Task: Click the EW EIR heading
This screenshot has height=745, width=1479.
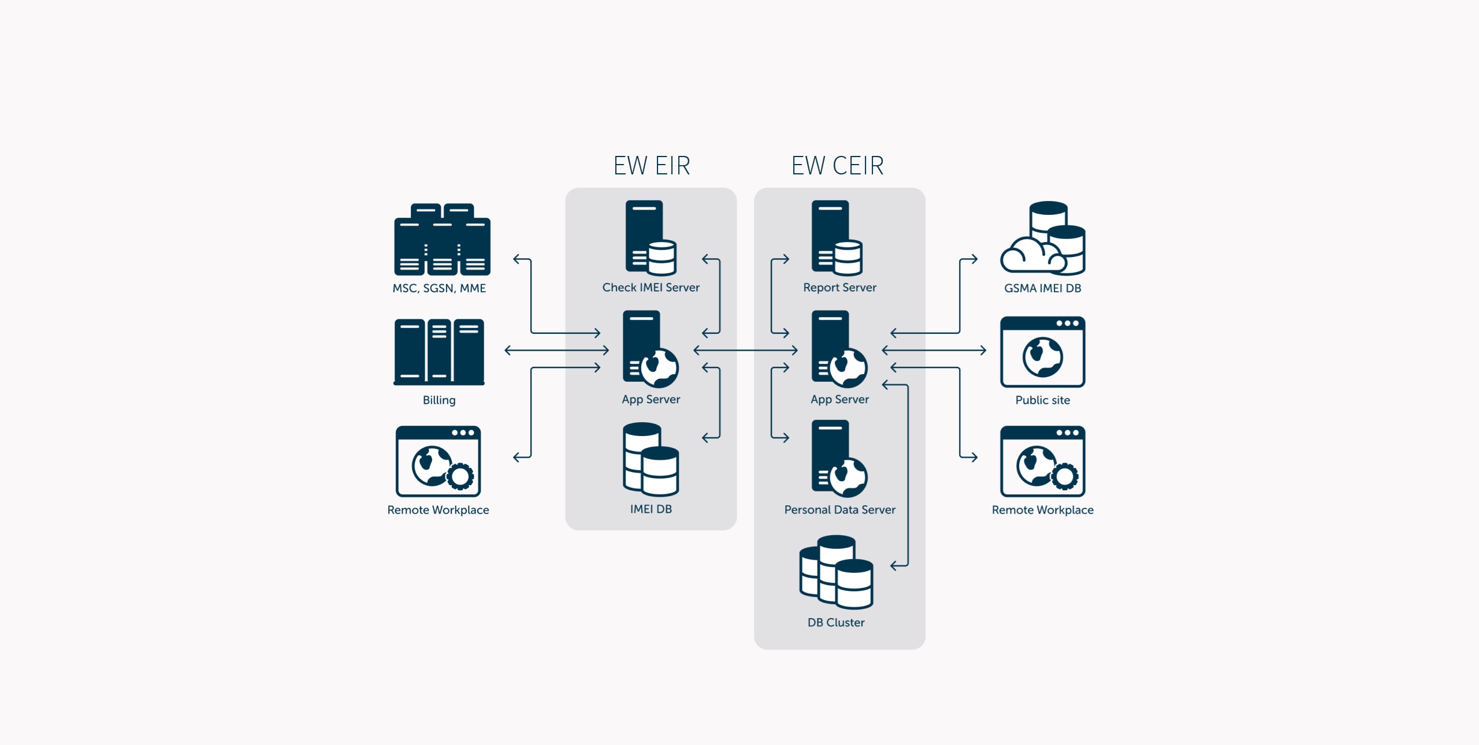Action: click(652, 166)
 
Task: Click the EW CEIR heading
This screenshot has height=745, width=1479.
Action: click(837, 166)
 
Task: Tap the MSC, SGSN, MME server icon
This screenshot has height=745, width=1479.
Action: click(442, 239)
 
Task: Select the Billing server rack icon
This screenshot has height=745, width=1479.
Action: click(439, 351)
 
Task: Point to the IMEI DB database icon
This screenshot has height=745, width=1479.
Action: click(651, 459)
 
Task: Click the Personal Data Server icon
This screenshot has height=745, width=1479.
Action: click(839, 459)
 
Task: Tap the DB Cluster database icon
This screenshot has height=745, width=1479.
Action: click(836, 572)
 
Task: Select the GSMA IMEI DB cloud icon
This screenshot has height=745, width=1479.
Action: click(1043, 238)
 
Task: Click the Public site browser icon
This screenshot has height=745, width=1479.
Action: click(1042, 351)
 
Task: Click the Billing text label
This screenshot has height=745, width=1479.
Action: click(439, 400)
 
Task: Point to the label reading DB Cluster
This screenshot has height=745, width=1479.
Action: click(836, 623)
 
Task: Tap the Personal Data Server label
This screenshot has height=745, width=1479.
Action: click(839, 510)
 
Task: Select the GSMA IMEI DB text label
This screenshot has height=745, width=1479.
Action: click(1042, 288)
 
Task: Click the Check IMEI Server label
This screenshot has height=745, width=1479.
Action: click(651, 288)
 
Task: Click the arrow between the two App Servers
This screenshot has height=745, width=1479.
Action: click(745, 350)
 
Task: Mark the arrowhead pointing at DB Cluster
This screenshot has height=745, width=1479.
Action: click(894, 566)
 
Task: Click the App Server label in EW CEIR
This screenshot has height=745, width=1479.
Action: click(839, 400)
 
